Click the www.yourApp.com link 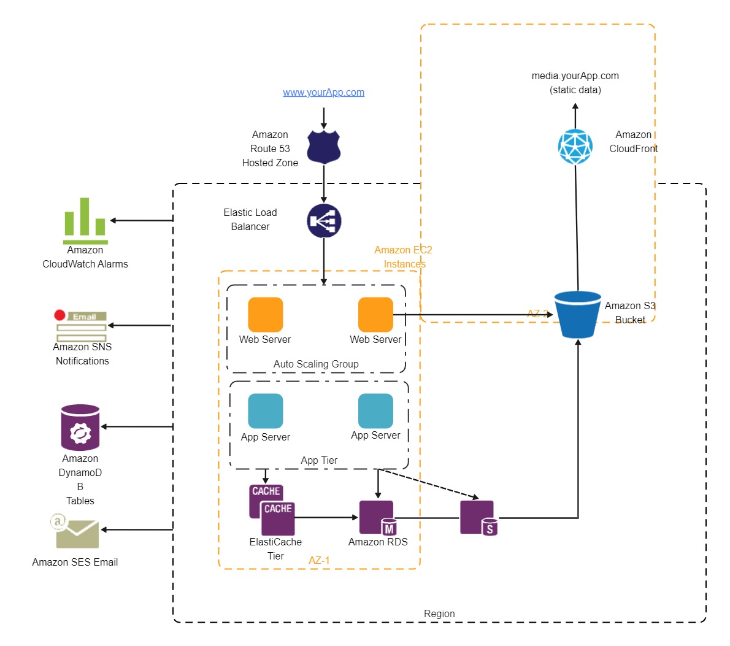(323, 93)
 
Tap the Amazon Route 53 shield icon (323, 147)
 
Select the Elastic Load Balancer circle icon (324, 221)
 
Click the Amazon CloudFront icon (575, 147)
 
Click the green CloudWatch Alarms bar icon (85, 220)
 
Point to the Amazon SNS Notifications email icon (81, 326)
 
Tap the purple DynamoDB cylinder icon (80, 427)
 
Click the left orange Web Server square (266, 315)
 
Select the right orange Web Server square (375, 315)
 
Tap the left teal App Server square (266, 411)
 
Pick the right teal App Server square (375, 411)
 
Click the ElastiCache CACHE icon (272, 510)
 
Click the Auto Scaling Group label (316, 364)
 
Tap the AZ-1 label (319, 561)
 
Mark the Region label (439, 614)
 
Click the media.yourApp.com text (575, 76)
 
